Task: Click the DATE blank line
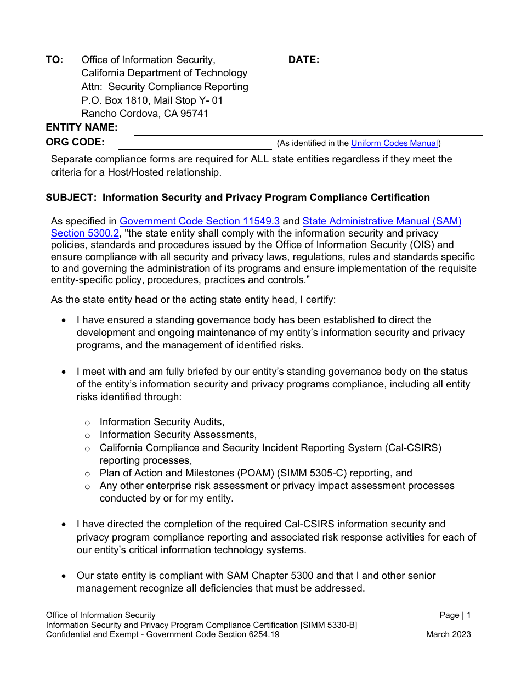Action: pyautogui.click(x=401, y=61)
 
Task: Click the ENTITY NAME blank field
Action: pyautogui.click(x=308, y=130)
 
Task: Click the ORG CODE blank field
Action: pyautogui.click(x=195, y=144)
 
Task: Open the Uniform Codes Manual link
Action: pyautogui.click(x=394, y=143)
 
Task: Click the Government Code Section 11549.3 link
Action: pyautogui.click(x=200, y=221)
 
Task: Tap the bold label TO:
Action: pyautogui.click(x=54, y=60)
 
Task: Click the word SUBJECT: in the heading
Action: pyautogui.click(x=71, y=198)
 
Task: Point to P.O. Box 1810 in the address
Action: pyautogui.click(x=112, y=100)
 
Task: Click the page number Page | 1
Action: pyautogui.click(x=455, y=615)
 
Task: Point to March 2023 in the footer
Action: pyautogui.click(x=448, y=634)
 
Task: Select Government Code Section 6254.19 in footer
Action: pyautogui.click(x=211, y=634)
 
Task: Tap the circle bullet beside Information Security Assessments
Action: pyautogui.click(x=87, y=435)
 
